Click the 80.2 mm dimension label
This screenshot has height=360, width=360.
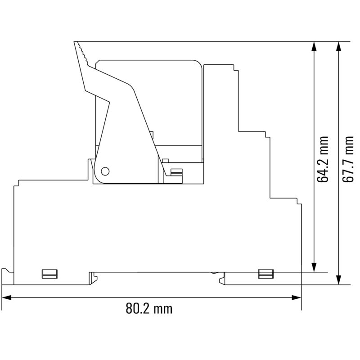[149, 309]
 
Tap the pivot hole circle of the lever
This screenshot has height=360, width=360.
[105, 171]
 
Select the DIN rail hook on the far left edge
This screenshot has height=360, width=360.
[6, 272]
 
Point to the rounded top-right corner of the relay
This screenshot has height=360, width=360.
[198, 63]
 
